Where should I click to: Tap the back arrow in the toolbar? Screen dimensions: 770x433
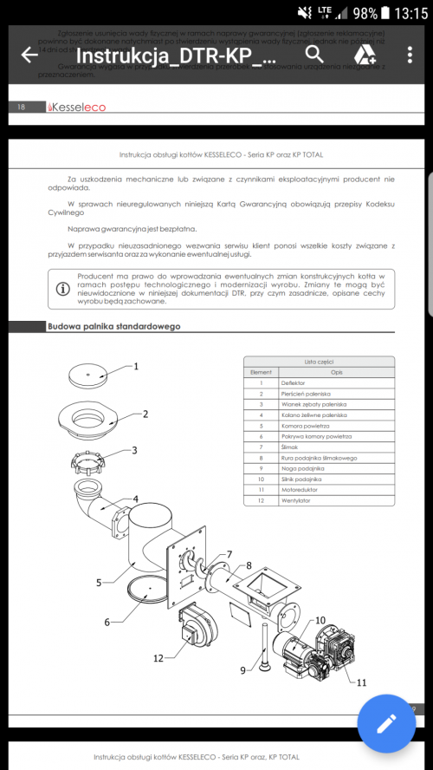tap(29, 55)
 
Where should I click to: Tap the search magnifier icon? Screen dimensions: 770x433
tap(314, 54)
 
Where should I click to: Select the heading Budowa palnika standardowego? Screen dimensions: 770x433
tap(113, 327)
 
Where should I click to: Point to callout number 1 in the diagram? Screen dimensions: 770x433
tap(136, 367)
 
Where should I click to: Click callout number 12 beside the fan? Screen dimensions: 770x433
tap(158, 657)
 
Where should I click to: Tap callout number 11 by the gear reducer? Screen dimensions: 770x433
tap(360, 682)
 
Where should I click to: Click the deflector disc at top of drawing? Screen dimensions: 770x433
tap(91, 375)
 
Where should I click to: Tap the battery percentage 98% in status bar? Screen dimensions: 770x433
tap(365, 13)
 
